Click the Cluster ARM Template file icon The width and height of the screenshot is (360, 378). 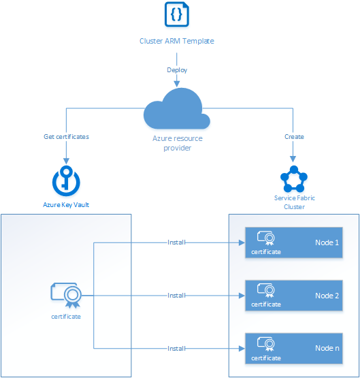point(177,15)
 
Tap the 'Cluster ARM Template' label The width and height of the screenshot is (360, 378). point(177,41)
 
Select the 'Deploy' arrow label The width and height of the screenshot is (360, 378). point(177,70)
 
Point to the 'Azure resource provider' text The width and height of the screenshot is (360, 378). point(177,142)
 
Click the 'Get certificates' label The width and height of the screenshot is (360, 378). point(66,136)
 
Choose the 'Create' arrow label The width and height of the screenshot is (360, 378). point(294,136)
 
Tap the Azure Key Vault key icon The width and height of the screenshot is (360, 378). point(66,180)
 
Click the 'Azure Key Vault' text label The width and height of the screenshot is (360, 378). point(66,204)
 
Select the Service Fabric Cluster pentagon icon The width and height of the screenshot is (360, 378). point(294,180)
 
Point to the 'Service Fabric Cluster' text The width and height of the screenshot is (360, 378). point(294,202)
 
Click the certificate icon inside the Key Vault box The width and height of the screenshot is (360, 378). point(66,294)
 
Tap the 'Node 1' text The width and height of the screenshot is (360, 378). point(327,242)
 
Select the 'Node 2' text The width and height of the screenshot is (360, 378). point(327,296)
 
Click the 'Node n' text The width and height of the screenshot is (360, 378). point(327,348)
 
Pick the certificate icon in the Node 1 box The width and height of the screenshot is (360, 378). point(265,238)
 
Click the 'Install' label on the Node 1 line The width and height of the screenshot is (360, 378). point(177,242)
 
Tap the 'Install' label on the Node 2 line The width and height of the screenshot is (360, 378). point(177,296)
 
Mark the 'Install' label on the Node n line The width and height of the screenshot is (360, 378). point(177,348)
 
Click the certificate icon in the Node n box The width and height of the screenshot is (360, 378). point(265,344)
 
